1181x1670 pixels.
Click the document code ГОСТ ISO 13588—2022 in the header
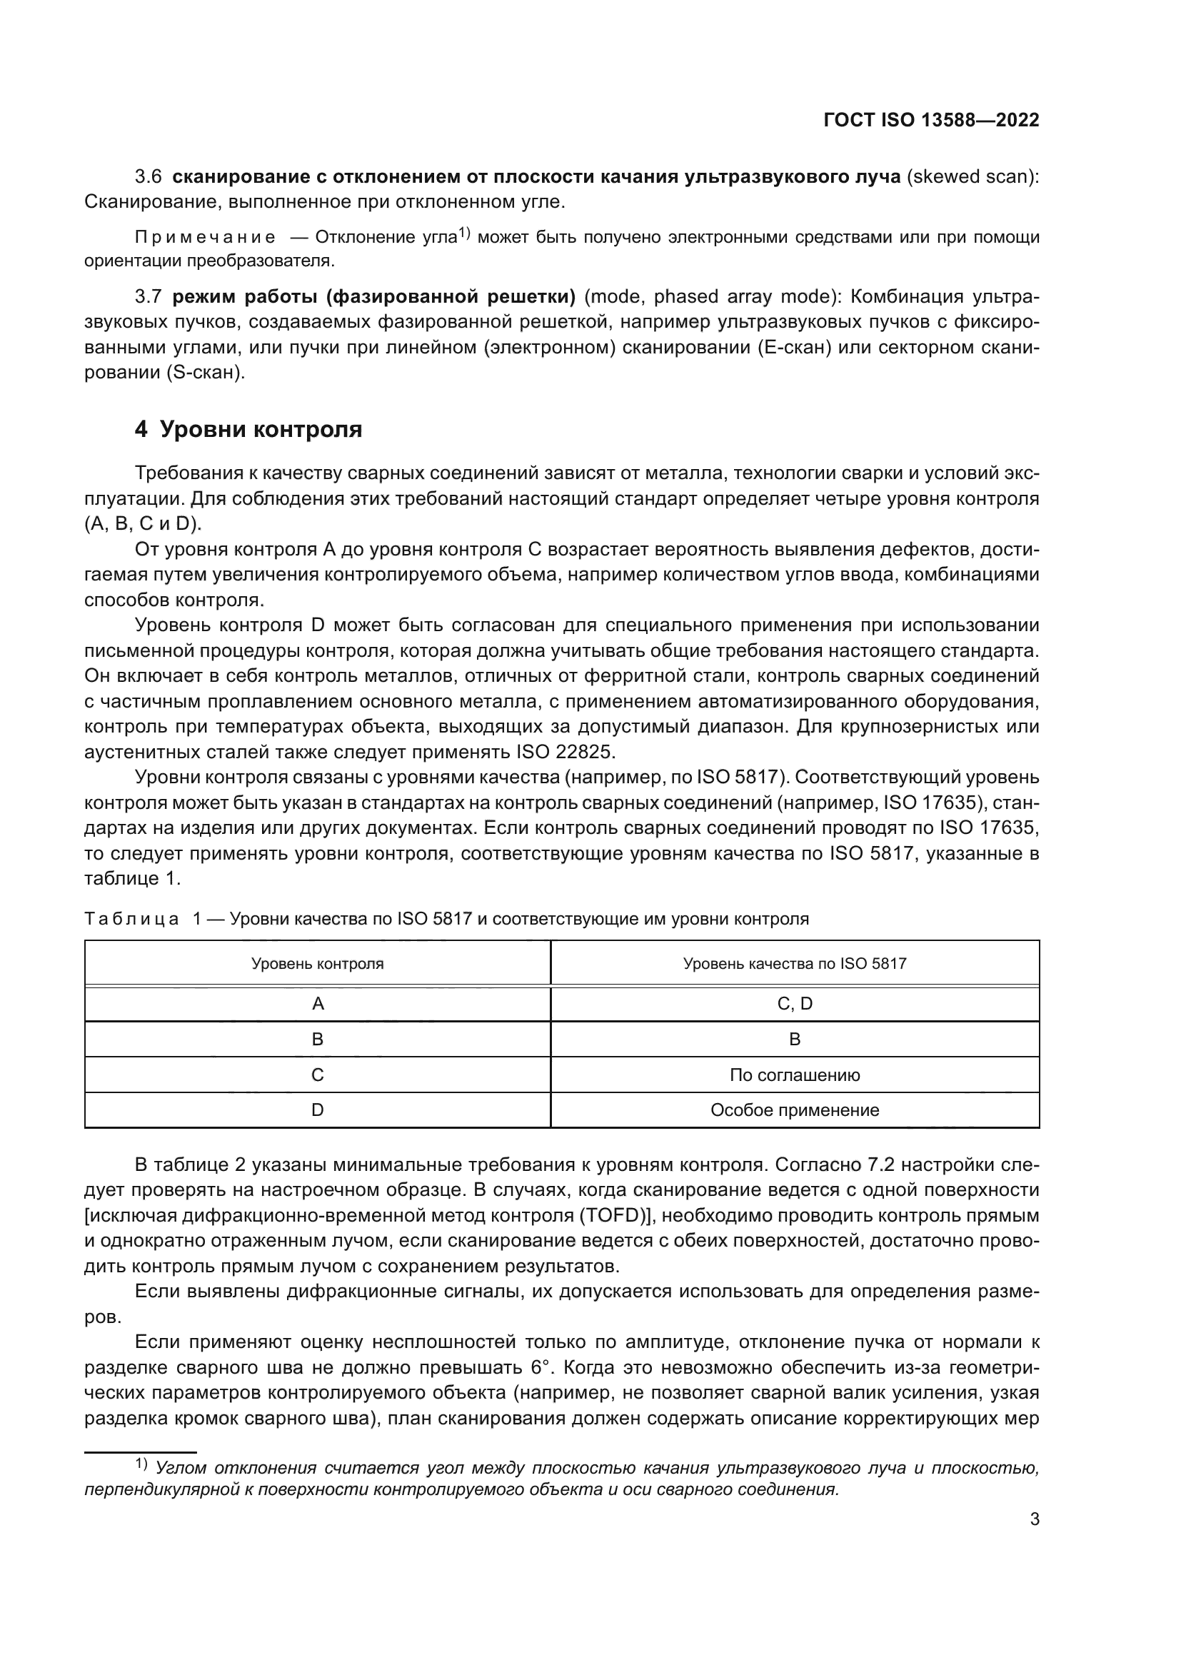coord(931,120)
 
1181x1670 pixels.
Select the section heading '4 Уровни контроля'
coord(248,430)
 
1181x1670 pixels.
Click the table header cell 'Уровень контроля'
coord(317,964)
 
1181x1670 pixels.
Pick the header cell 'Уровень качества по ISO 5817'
coord(794,964)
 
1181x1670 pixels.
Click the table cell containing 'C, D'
coord(794,1004)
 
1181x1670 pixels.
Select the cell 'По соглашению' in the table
coord(794,1075)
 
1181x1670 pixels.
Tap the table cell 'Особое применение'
coord(794,1110)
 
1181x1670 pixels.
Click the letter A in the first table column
coord(317,1004)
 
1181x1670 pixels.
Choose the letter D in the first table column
coord(317,1110)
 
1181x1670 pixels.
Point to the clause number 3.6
coord(149,177)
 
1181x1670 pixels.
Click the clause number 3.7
coord(149,297)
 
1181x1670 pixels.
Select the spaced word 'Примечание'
coord(205,238)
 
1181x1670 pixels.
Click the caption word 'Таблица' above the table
coord(131,920)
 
